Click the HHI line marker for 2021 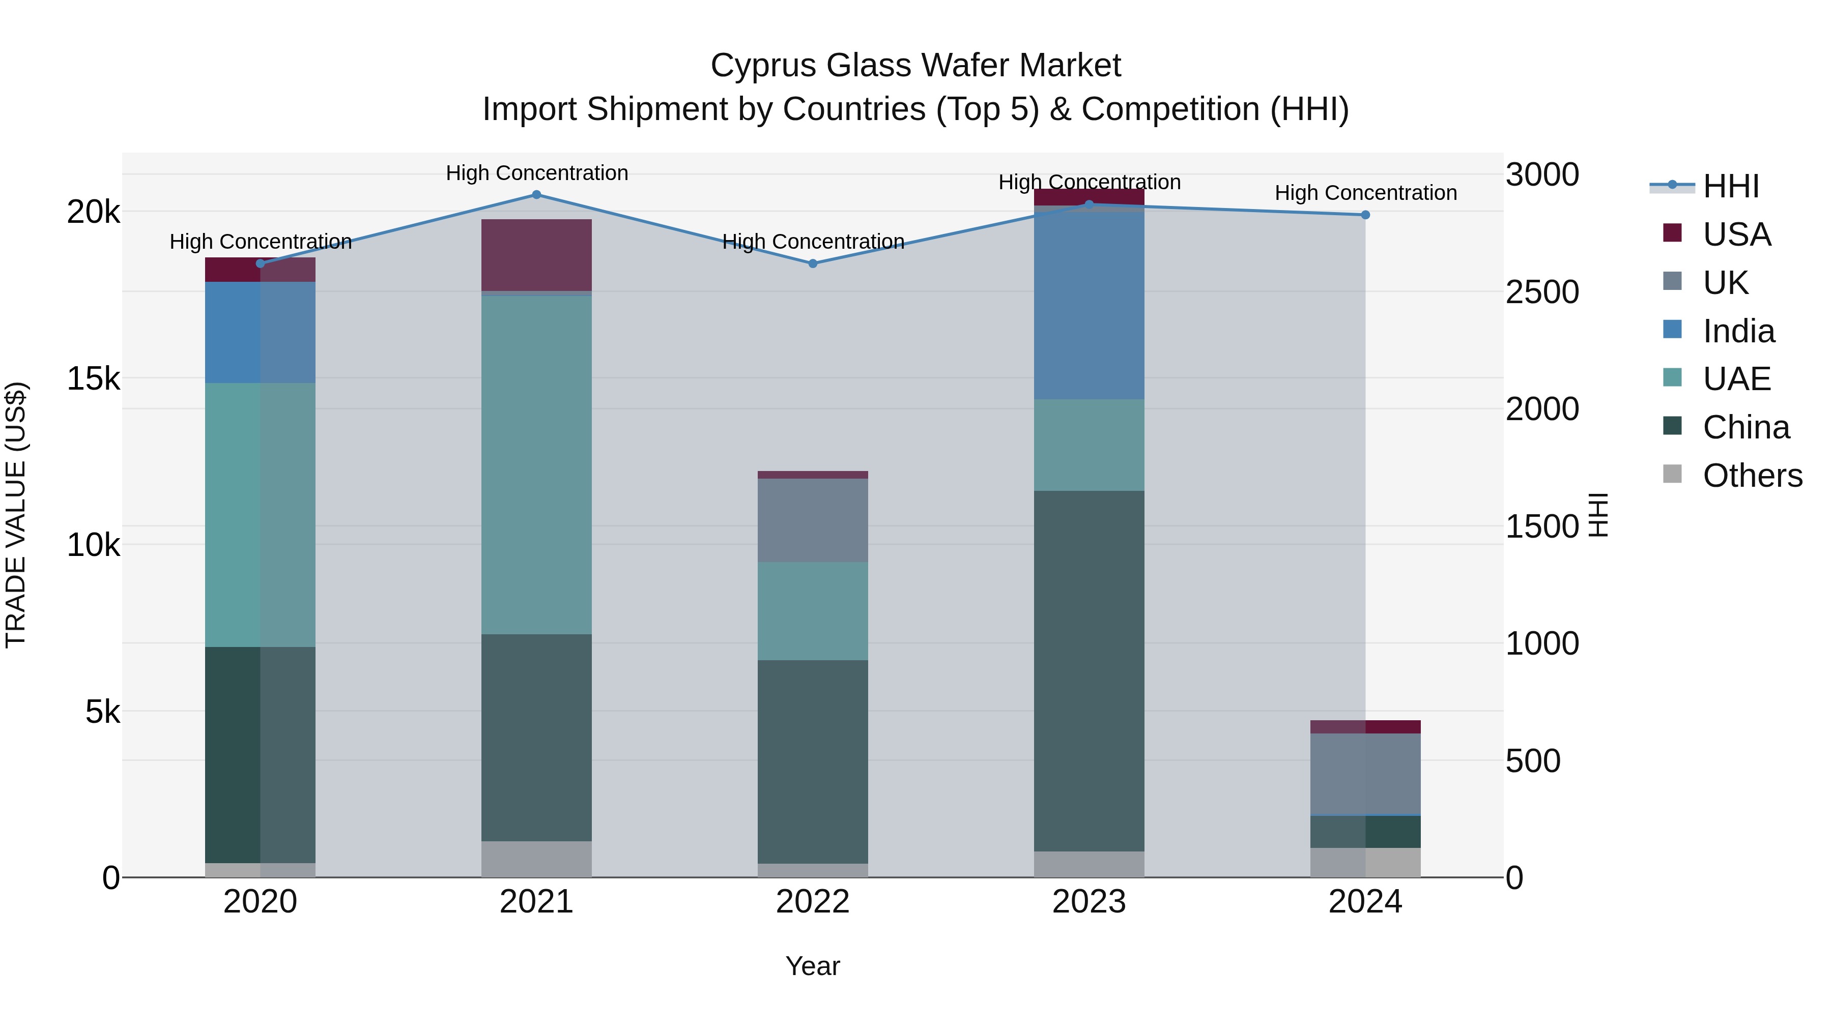point(536,195)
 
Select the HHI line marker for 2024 point(1365,215)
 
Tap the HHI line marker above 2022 point(813,263)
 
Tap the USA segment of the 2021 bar point(536,254)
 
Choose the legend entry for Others point(1751,476)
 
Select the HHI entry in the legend point(1730,186)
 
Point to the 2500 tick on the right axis point(1542,292)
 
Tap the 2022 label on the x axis point(813,902)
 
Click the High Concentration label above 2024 point(1365,193)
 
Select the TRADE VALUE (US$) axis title point(16,515)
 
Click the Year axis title point(812,966)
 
